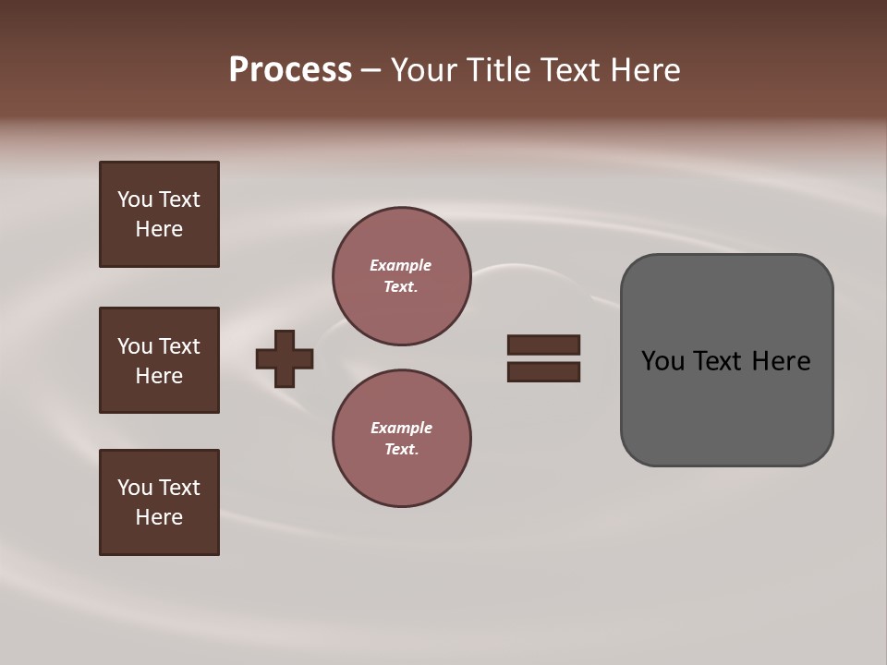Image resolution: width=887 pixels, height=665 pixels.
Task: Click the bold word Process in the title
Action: (x=290, y=70)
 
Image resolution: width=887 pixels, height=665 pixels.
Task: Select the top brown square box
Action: (x=159, y=214)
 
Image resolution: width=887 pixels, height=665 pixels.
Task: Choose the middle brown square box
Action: (x=159, y=360)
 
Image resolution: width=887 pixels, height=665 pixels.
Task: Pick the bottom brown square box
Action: (x=159, y=502)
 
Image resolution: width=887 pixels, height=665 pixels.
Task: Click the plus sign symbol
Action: (x=285, y=358)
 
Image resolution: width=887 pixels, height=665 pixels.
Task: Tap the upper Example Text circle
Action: (x=402, y=276)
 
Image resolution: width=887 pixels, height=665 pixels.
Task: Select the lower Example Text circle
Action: (x=402, y=439)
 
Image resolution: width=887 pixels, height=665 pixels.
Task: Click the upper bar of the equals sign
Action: (x=544, y=345)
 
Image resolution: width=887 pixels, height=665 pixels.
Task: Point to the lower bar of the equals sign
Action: (x=544, y=372)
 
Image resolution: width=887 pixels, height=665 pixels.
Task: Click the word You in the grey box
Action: (x=663, y=361)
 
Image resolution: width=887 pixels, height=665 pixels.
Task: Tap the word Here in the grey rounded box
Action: (x=781, y=361)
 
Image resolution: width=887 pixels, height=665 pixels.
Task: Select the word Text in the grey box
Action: (x=721, y=361)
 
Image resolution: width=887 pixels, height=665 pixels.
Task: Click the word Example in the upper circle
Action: (x=401, y=265)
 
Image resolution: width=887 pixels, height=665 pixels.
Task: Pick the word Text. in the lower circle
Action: (x=401, y=450)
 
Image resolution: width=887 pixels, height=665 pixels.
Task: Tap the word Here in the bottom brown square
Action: (x=159, y=517)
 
